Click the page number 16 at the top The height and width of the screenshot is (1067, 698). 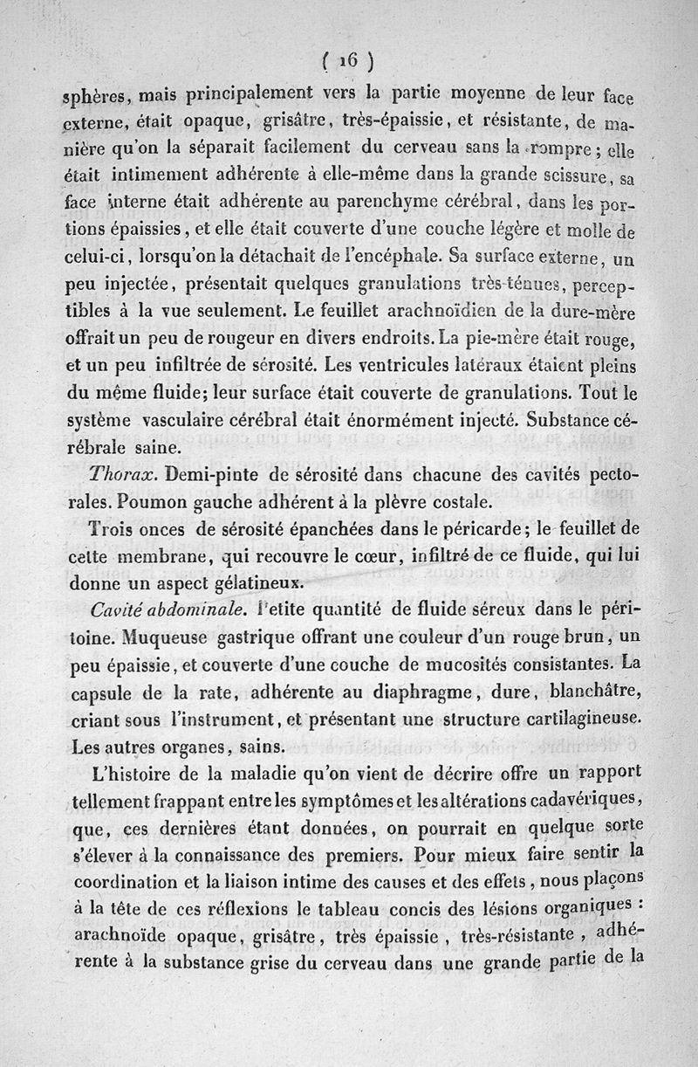[x=348, y=60]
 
